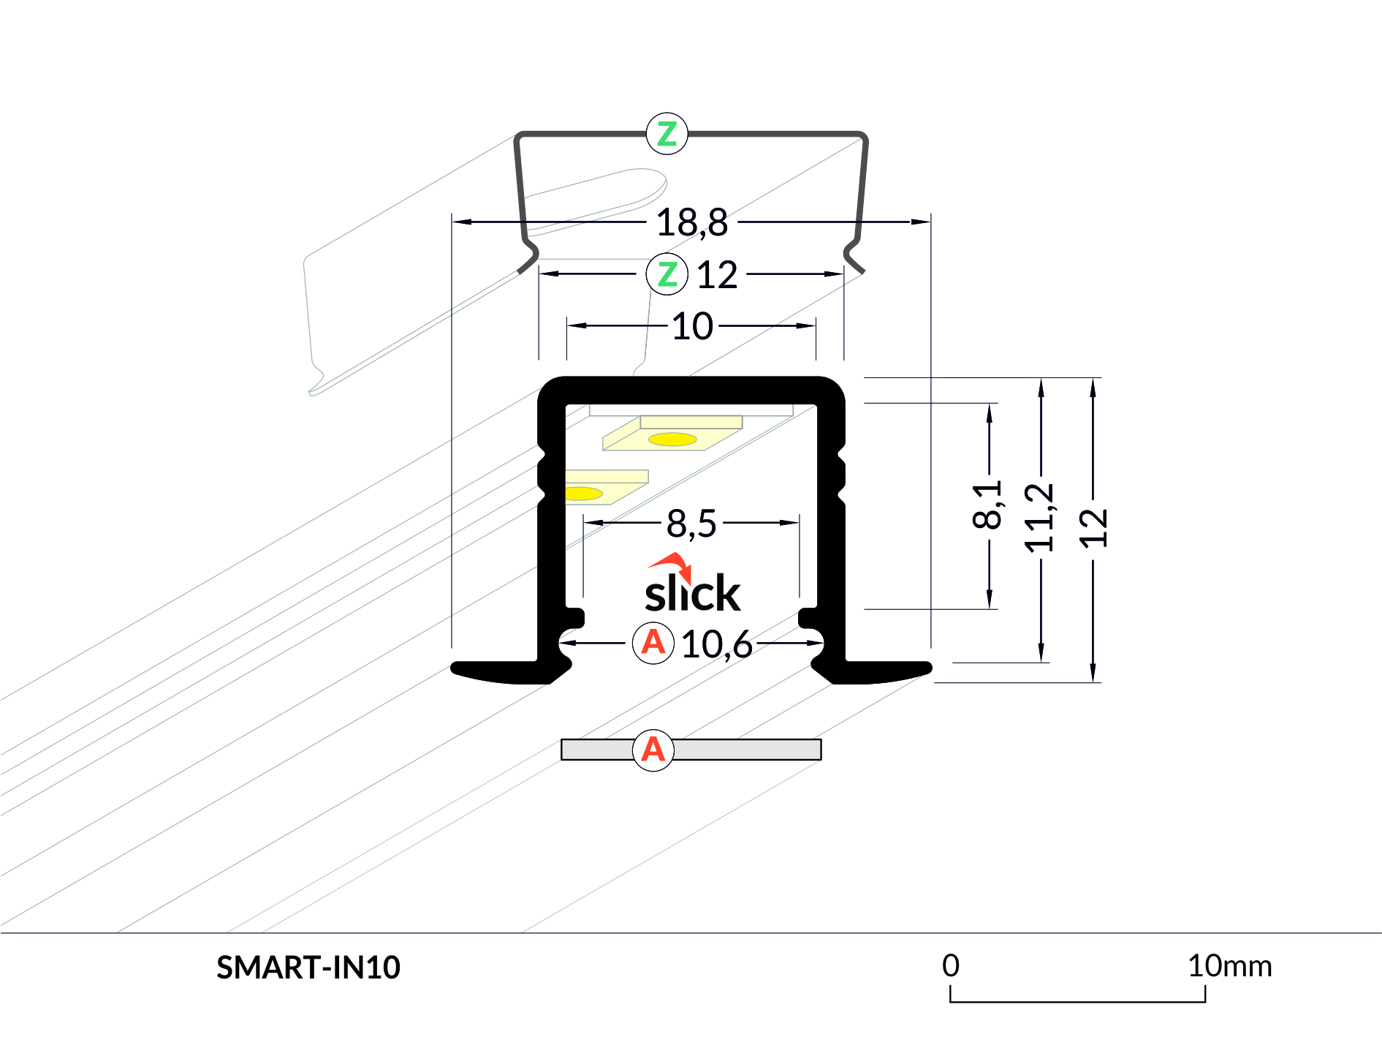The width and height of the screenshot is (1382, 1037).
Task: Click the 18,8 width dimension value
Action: pyautogui.click(x=691, y=222)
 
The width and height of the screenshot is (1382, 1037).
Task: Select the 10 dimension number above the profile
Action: pyautogui.click(x=691, y=326)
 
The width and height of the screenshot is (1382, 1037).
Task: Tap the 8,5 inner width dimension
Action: pyautogui.click(x=691, y=524)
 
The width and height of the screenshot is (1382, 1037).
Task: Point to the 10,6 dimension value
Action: pyautogui.click(x=716, y=644)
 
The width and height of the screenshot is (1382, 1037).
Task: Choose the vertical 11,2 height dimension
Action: pyautogui.click(x=1039, y=518)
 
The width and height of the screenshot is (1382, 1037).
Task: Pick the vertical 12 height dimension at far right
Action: pyautogui.click(x=1093, y=528)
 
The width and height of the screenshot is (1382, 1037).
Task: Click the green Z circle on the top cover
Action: pyautogui.click(x=667, y=134)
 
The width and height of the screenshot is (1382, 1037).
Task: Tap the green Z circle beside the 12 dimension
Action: pyautogui.click(x=667, y=274)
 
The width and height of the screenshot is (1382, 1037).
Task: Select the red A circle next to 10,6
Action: pyautogui.click(x=653, y=643)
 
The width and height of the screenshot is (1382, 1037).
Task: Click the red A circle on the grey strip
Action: pyautogui.click(x=653, y=750)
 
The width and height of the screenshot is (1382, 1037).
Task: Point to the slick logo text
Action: pyautogui.click(x=692, y=593)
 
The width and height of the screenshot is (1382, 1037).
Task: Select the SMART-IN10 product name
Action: pyautogui.click(x=308, y=968)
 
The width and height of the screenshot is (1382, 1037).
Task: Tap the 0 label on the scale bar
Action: pyautogui.click(x=950, y=966)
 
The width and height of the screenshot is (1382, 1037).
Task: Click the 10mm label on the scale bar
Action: pyautogui.click(x=1229, y=966)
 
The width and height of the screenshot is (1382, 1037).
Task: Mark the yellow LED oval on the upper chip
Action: pyautogui.click(x=672, y=440)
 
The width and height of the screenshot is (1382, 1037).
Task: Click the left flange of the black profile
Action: pyautogui.click(x=497, y=671)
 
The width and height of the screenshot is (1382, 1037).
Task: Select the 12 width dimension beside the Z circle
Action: pyautogui.click(x=717, y=275)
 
